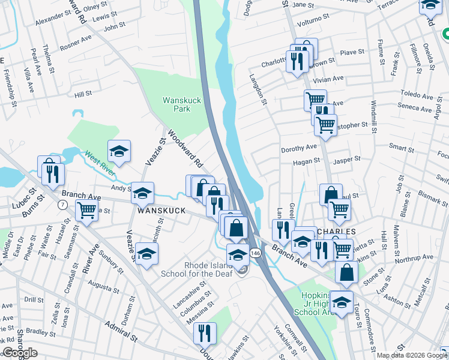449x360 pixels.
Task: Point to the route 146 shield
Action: [x=255, y=254]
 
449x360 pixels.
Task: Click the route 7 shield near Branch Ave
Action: [x=62, y=205]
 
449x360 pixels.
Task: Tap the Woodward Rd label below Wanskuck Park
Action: [x=185, y=149]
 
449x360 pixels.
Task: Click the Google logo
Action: [x=20, y=353]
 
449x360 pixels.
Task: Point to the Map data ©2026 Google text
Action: [x=412, y=355]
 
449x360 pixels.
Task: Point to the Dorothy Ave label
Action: [x=298, y=148]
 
